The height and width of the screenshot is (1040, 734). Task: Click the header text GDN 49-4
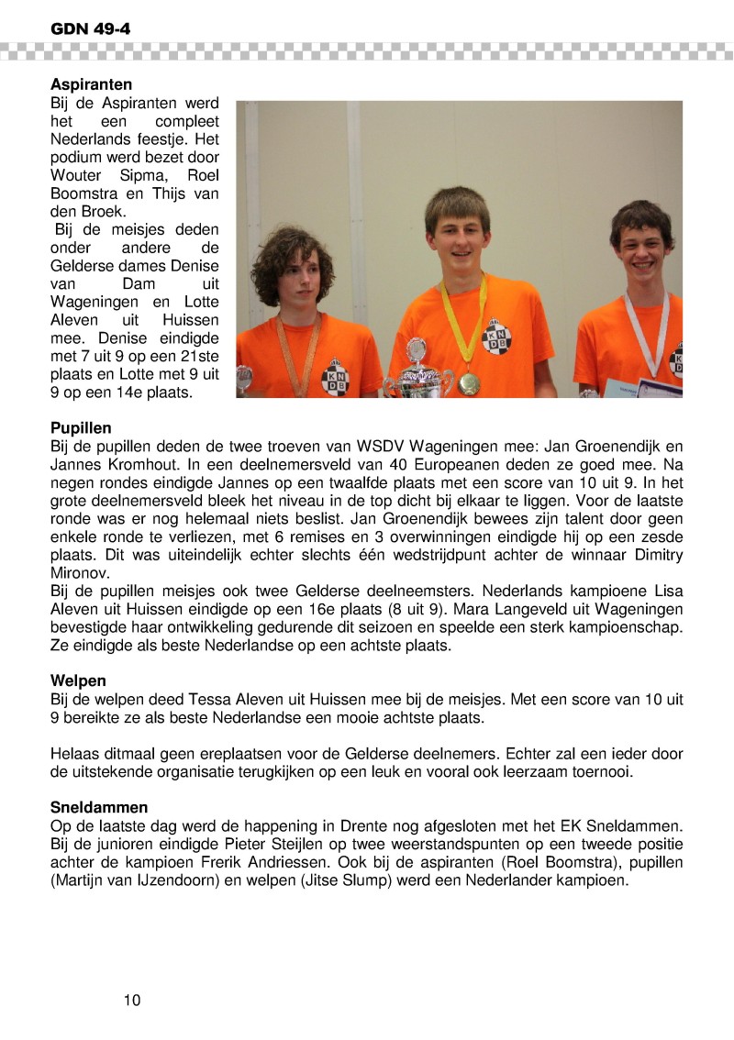(90, 28)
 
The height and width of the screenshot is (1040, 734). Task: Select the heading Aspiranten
(91, 84)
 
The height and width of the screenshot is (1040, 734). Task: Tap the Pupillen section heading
(81, 427)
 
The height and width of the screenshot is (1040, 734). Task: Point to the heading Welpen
(78, 681)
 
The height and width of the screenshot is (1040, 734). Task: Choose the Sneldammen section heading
(100, 807)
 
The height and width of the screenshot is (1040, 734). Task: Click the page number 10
(132, 1000)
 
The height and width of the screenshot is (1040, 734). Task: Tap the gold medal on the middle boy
(469, 381)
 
